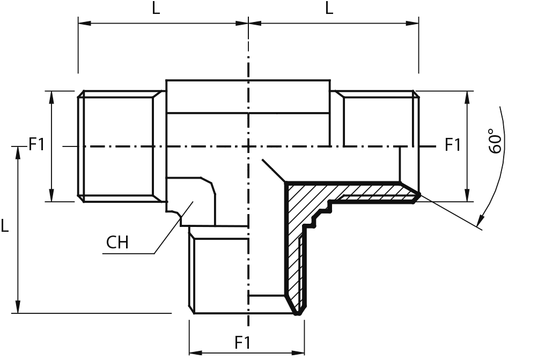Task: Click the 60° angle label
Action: click(495, 141)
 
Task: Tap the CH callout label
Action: click(117, 242)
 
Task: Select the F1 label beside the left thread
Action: click(36, 144)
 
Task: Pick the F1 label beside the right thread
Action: click(453, 144)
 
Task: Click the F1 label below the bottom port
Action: click(242, 343)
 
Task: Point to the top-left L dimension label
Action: click(156, 8)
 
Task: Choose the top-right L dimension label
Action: click(329, 8)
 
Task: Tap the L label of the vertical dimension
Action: click(4, 226)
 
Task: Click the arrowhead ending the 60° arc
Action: click(481, 219)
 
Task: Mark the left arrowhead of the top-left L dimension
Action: click(84, 23)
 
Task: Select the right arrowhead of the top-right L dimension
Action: click(412, 23)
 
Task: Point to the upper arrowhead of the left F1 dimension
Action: click(52, 98)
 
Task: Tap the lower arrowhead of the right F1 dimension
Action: click(467, 195)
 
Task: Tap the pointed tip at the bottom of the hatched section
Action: click(298, 314)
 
